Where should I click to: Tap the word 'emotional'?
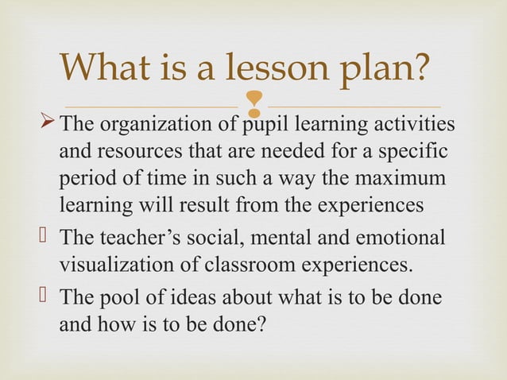point(402,238)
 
